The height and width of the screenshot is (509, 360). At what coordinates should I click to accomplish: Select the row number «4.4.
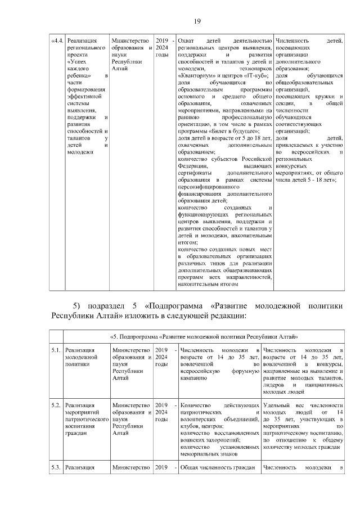tap(57, 41)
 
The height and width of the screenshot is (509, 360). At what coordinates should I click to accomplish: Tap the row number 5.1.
tap(56, 350)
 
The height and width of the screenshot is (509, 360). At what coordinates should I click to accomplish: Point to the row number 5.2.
tap(56, 405)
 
